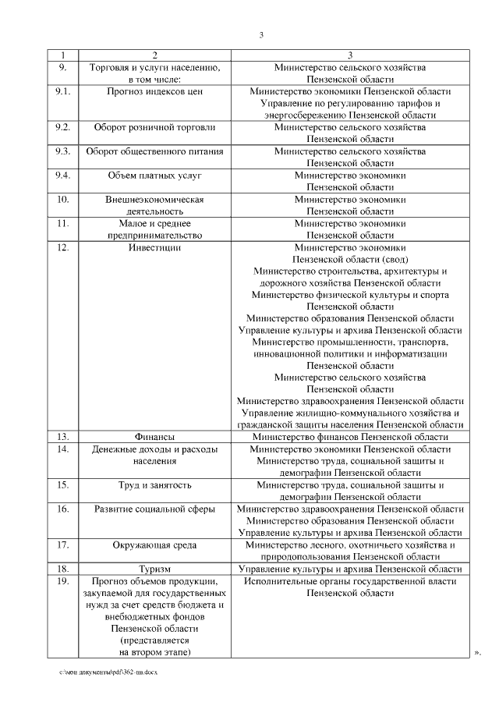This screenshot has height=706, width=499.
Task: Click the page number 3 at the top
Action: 262,34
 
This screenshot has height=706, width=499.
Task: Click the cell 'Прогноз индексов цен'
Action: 154,91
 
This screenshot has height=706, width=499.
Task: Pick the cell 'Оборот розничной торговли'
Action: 154,126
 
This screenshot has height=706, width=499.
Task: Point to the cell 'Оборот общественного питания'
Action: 154,151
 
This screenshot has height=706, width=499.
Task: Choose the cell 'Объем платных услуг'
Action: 154,175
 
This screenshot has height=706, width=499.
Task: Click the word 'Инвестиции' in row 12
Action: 154,247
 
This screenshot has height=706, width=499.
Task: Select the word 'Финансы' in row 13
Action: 154,436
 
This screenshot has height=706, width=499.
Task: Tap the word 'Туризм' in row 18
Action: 154,569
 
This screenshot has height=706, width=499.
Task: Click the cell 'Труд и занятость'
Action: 154,484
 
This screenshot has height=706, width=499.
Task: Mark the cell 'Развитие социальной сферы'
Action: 154,509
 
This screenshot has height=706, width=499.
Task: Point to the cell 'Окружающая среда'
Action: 154,545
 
